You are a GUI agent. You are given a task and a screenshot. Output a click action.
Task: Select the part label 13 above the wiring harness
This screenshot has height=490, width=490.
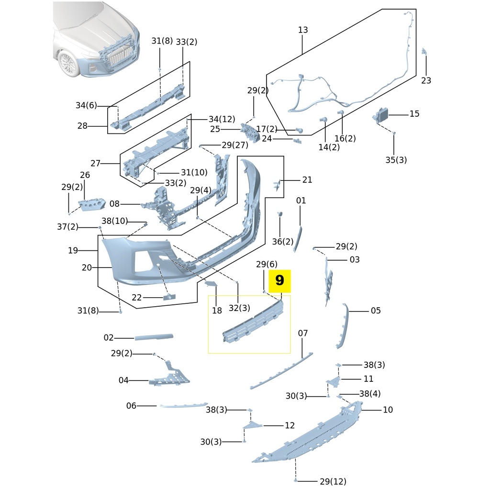tap(303, 30)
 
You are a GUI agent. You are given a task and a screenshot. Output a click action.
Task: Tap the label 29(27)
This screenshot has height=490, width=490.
tap(234, 145)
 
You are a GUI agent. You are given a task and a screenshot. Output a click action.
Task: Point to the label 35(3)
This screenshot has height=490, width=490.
tap(396, 160)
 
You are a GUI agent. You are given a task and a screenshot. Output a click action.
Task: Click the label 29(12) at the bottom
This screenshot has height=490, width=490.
tap(333, 481)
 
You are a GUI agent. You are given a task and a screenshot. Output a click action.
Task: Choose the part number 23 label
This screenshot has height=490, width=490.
tap(426, 80)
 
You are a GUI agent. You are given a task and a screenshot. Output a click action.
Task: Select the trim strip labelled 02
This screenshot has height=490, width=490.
tap(154, 337)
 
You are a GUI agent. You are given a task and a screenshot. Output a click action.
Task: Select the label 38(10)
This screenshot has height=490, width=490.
tap(115, 221)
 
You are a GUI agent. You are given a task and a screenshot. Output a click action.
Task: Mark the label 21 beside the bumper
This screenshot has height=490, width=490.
tap(307, 180)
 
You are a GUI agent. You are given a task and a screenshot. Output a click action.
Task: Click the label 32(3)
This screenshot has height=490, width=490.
tap(239, 308)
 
